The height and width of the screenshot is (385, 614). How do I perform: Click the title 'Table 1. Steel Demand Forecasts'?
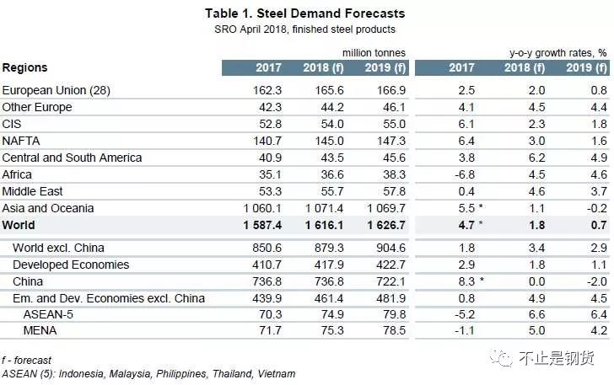304,13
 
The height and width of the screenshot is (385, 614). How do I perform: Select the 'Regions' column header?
25,67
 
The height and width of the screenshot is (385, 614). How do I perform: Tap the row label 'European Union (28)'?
57,90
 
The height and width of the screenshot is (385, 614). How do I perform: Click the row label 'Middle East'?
33,191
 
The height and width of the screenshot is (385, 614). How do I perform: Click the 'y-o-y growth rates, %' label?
557,52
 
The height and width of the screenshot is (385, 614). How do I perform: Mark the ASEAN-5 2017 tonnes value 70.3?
256,315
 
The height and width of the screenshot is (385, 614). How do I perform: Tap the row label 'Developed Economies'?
70,265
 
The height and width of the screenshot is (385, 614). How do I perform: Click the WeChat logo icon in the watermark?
503,358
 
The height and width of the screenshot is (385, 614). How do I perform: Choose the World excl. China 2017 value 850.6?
254,248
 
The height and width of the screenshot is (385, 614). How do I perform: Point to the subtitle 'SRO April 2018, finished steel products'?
304,29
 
